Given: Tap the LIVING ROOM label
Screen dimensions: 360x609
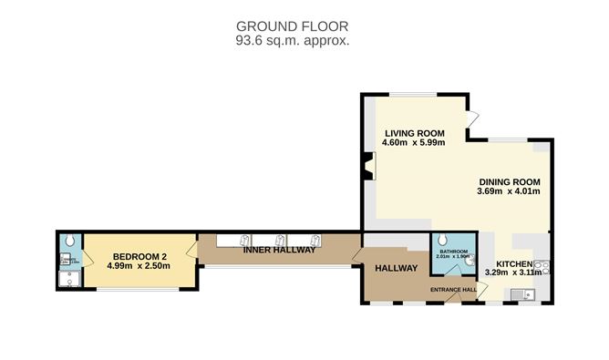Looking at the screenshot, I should (x=413, y=130).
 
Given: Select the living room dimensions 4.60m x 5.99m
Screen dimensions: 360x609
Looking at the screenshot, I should (x=413, y=142).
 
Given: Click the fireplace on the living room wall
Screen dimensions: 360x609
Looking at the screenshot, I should (x=366, y=165).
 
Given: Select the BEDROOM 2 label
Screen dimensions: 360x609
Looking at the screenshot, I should (x=138, y=255).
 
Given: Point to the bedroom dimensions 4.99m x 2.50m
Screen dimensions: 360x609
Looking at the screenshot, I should (x=138, y=266).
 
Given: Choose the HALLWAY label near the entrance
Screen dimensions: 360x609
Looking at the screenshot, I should (x=396, y=268).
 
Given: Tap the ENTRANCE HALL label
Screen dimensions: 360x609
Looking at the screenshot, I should (x=454, y=290).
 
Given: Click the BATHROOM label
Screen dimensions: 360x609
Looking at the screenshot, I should (x=453, y=251).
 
